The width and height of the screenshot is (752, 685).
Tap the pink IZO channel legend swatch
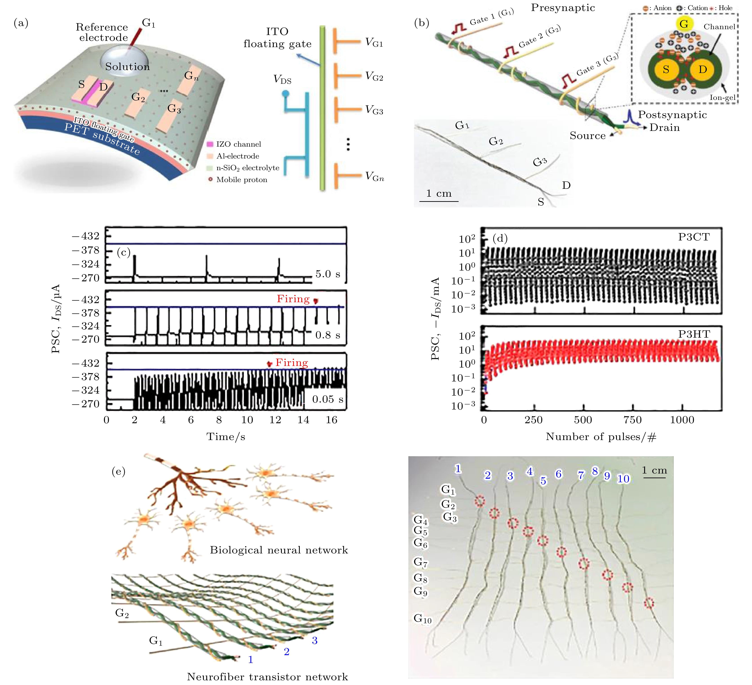click(210, 144)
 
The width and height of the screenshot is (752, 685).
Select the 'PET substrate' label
click(102, 139)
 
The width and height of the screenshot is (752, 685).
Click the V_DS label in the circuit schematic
click(282, 79)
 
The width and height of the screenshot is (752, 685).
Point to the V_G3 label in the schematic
click(374, 110)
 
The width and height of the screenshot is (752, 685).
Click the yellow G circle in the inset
click(683, 24)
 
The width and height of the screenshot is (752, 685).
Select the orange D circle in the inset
click(702, 69)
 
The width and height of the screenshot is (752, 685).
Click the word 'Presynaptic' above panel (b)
click(563, 8)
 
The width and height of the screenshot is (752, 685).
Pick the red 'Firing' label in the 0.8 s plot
click(293, 299)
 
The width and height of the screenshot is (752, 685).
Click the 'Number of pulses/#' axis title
click(601, 437)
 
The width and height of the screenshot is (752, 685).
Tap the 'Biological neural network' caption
click(279, 550)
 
